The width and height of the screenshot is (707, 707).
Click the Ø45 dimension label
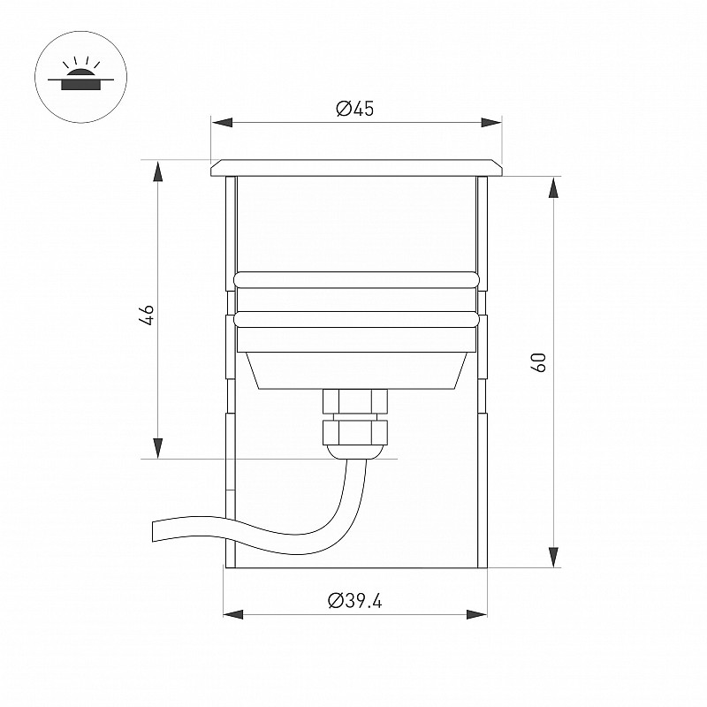coord(355,108)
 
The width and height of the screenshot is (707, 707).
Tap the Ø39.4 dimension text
coord(355,601)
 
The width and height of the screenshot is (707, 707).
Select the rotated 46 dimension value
coord(147,315)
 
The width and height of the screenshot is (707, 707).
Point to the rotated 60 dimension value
coord(538,362)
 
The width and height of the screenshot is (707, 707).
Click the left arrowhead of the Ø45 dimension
coord(222,122)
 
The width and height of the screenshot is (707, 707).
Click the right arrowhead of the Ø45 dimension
coord(491,122)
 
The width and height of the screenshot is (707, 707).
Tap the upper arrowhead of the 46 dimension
coord(157,171)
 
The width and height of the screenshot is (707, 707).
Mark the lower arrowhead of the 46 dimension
coord(157,448)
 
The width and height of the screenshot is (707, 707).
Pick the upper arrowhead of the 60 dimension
coord(554,187)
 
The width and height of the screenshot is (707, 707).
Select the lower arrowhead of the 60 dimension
coord(554,557)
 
